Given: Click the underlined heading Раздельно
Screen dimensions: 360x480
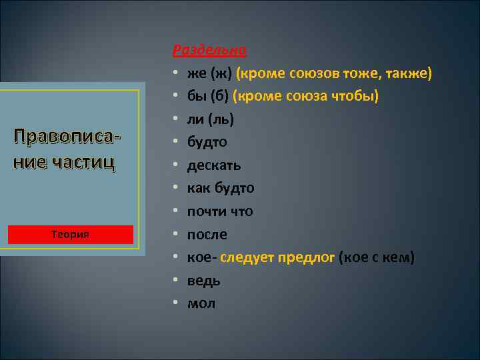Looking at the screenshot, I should tap(209, 50).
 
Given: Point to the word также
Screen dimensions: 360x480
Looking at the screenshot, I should tap(409, 73).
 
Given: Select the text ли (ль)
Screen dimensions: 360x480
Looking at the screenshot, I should tap(209, 119).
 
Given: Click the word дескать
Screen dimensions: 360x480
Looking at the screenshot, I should tap(213, 165).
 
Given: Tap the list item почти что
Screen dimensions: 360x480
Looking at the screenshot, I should tap(219, 211).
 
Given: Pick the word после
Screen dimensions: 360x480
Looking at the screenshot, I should tap(207, 235).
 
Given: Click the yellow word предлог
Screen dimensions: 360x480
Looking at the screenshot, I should tap(309, 257).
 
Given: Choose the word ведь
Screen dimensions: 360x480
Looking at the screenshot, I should tap(203, 281).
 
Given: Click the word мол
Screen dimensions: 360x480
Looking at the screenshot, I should tap(201, 303).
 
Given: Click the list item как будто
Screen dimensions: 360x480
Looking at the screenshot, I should tap(220, 189).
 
